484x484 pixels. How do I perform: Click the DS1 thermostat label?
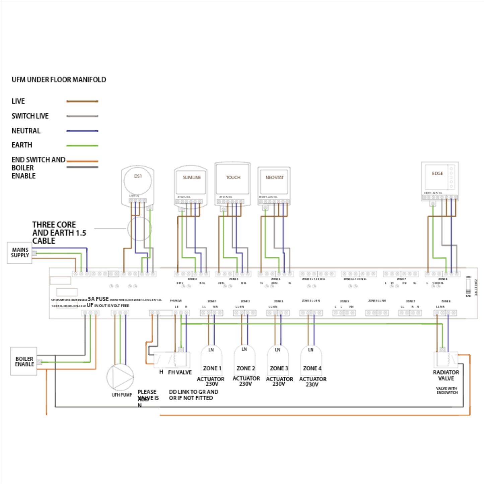pos(138,176)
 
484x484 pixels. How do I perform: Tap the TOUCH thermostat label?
pos(233,178)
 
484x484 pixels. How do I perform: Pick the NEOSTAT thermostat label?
pos(274,178)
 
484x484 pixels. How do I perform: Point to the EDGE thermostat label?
pos(437,174)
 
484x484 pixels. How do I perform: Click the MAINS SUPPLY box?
pos(20,253)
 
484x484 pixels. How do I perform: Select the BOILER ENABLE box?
pos(24,361)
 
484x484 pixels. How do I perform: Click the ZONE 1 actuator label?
pos(212,368)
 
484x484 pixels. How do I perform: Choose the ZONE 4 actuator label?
pos(312,368)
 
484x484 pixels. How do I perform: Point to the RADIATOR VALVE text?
pos(446,375)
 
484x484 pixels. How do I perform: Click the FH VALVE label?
pos(180,372)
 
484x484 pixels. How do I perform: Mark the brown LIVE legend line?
pos(82,101)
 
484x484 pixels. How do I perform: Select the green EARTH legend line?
pos(82,146)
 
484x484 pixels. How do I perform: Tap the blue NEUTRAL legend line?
pos(82,131)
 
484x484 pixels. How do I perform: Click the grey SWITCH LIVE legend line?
pos(82,116)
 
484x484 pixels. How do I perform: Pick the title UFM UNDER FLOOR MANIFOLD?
pos(59,80)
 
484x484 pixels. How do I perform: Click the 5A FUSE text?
pos(98,299)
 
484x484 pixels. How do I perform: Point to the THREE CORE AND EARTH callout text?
pos(59,233)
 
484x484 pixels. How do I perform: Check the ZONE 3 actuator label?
pos(279,368)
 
